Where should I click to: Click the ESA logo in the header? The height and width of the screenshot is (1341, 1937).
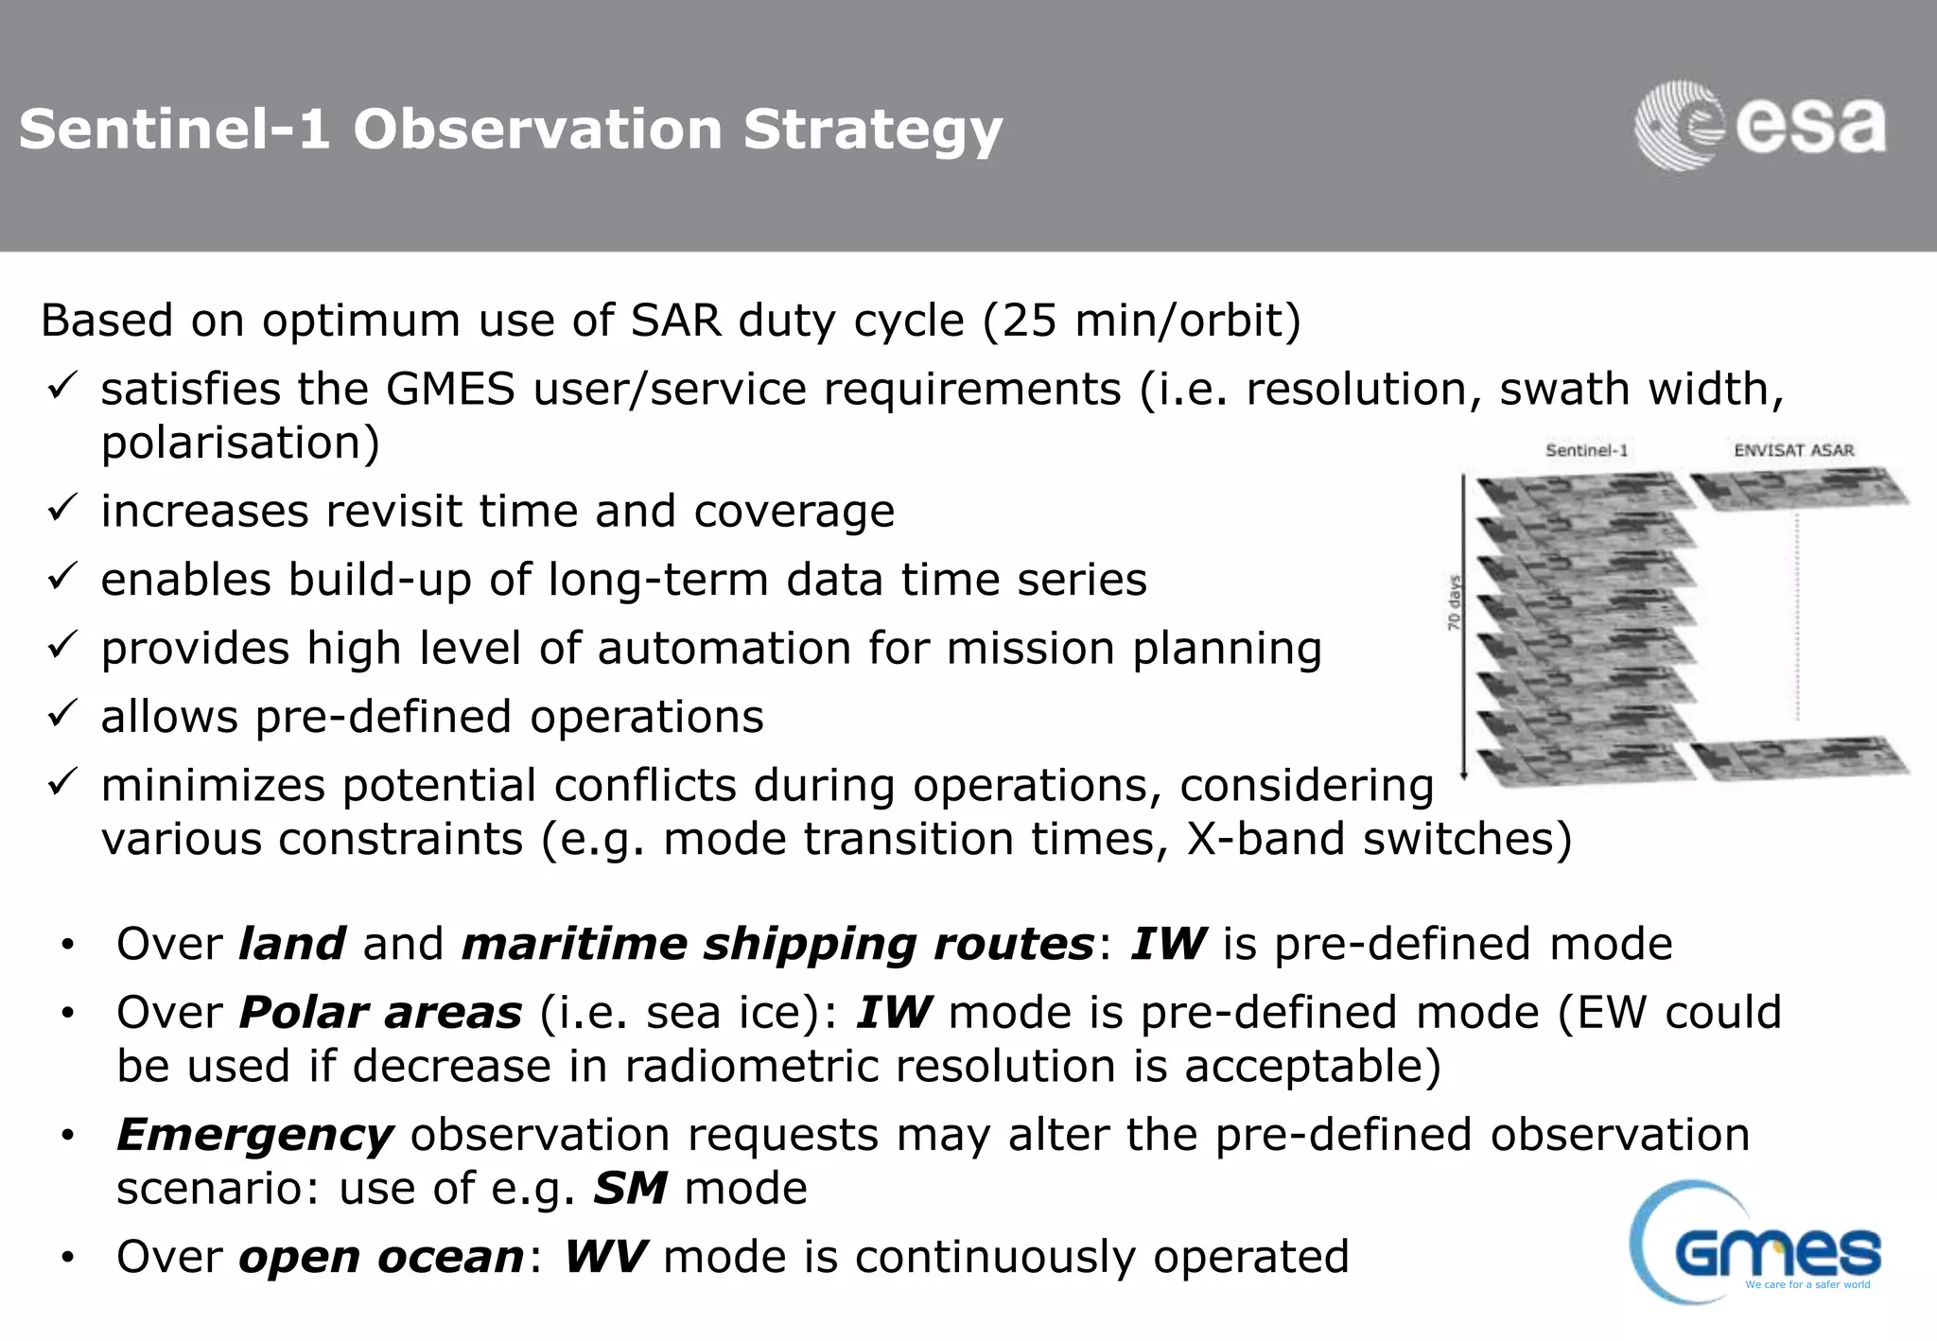(1759, 126)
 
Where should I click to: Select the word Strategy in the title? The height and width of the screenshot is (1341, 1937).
(872, 130)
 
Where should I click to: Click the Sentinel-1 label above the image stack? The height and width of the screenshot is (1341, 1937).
(1586, 450)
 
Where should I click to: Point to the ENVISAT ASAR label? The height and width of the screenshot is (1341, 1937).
(1793, 450)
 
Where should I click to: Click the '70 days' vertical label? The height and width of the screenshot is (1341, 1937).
(1454, 602)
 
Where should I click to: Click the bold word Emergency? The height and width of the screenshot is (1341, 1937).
(254, 1135)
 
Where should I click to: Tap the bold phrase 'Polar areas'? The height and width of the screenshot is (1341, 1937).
(380, 1013)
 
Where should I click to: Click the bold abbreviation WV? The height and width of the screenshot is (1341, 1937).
(605, 1257)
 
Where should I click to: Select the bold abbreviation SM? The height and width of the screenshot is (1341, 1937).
(630, 1189)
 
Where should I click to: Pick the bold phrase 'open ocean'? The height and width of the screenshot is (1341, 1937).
(381, 1257)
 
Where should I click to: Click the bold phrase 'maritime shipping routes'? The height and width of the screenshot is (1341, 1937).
(777, 944)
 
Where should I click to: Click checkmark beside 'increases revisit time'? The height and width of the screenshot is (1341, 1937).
(61, 510)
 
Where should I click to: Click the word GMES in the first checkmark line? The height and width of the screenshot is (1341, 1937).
(450, 390)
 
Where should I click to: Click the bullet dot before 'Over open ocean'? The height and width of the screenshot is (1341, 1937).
(67, 1259)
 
